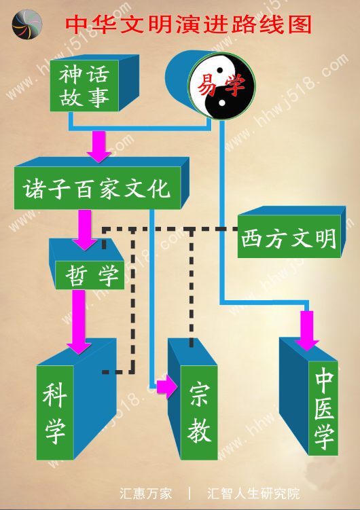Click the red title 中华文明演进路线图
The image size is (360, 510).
point(188,24)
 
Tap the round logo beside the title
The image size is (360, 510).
point(27,24)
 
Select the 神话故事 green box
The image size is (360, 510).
point(84,86)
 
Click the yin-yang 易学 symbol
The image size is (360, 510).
point(221,86)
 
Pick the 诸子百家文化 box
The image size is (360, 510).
point(97,188)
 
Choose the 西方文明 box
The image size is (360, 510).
point(289,236)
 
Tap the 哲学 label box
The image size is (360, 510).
point(90,275)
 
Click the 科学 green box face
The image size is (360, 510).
point(55,412)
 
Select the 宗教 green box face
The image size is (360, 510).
point(199,412)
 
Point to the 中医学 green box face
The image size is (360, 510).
point(323,408)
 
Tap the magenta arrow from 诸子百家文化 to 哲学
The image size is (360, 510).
point(84,230)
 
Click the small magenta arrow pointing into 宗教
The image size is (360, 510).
point(167,386)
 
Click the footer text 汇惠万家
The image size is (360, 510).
point(145,494)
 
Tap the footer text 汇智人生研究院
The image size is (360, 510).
point(253,494)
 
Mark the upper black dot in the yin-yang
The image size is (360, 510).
point(220,70)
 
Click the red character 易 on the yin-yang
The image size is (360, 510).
point(207,86)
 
